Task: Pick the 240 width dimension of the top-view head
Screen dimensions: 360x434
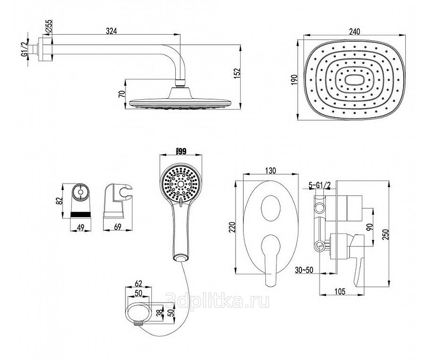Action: click(x=355, y=31)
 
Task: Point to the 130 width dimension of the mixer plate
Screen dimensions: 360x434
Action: click(x=270, y=170)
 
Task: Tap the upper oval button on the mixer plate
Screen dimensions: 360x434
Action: click(x=270, y=206)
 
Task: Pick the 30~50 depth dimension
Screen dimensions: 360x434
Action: click(x=304, y=270)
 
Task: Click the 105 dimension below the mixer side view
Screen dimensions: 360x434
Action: click(x=340, y=292)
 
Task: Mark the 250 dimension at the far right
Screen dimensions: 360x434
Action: click(x=386, y=234)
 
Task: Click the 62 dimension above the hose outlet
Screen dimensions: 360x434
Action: click(x=139, y=283)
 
